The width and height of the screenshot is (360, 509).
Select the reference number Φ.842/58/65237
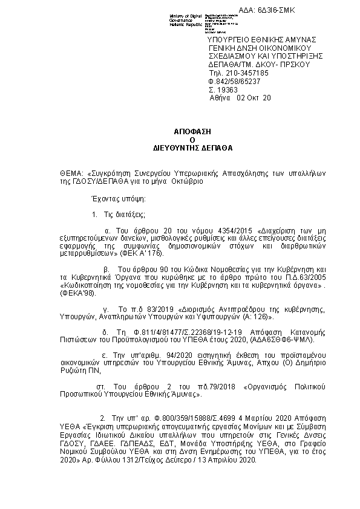click(x=234, y=80)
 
